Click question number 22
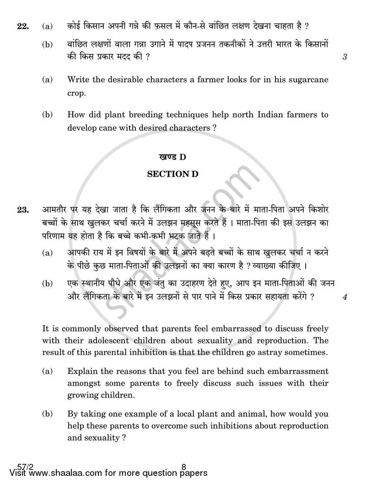click(x=22, y=27)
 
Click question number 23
click(x=22, y=210)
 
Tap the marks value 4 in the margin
click(x=344, y=297)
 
